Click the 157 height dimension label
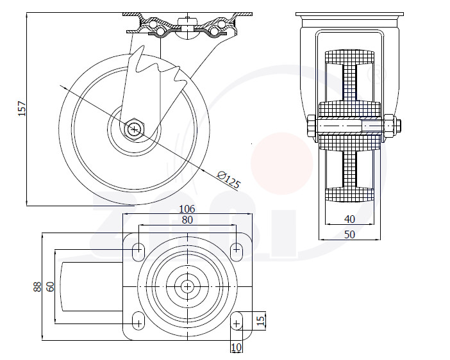(x=22, y=108)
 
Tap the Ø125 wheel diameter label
(x=228, y=179)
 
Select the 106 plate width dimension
(x=187, y=209)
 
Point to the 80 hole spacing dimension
(x=187, y=220)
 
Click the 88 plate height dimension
(x=38, y=287)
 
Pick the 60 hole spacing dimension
(x=50, y=287)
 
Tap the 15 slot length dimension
(x=260, y=320)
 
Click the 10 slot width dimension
(x=237, y=348)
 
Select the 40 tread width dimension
(x=349, y=220)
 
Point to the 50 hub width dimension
(x=349, y=234)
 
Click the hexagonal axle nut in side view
(x=135, y=129)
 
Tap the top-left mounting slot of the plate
(x=138, y=252)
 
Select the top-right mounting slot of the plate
(x=236, y=252)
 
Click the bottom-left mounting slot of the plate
(x=138, y=322)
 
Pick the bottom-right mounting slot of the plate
(x=236, y=322)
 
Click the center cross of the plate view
(x=187, y=286)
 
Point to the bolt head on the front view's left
(x=312, y=126)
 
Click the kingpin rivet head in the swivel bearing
(x=187, y=22)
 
